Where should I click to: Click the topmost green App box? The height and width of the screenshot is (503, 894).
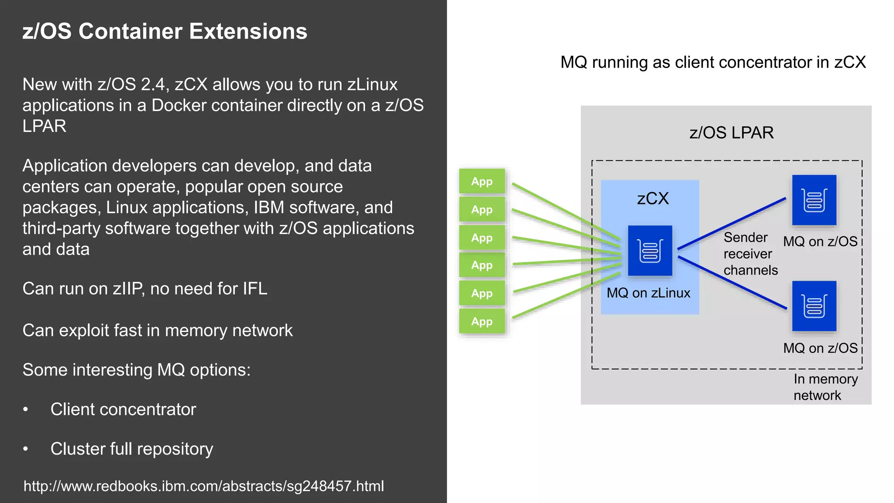(482, 181)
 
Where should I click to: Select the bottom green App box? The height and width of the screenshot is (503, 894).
(482, 321)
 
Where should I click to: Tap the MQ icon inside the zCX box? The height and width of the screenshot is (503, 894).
(650, 251)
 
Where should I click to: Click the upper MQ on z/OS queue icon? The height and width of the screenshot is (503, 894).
(814, 200)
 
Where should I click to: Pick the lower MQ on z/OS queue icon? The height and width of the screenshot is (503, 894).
(814, 306)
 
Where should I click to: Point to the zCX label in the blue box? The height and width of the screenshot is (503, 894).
(653, 199)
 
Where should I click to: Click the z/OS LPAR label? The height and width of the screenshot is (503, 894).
(731, 133)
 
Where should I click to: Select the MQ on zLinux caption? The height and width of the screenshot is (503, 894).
(648, 293)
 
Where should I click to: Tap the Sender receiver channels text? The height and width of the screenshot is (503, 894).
(750, 254)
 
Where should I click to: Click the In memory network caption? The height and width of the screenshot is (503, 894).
(825, 387)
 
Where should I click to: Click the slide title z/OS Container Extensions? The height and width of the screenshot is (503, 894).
(165, 31)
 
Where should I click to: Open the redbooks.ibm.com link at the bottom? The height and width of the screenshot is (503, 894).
(203, 486)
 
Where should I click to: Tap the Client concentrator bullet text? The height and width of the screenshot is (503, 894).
(123, 410)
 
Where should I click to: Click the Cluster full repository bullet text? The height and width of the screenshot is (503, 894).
(131, 449)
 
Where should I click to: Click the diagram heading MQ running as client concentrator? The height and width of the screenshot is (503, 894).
(713, 62)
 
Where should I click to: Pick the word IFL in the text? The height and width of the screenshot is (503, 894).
(255, 289)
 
